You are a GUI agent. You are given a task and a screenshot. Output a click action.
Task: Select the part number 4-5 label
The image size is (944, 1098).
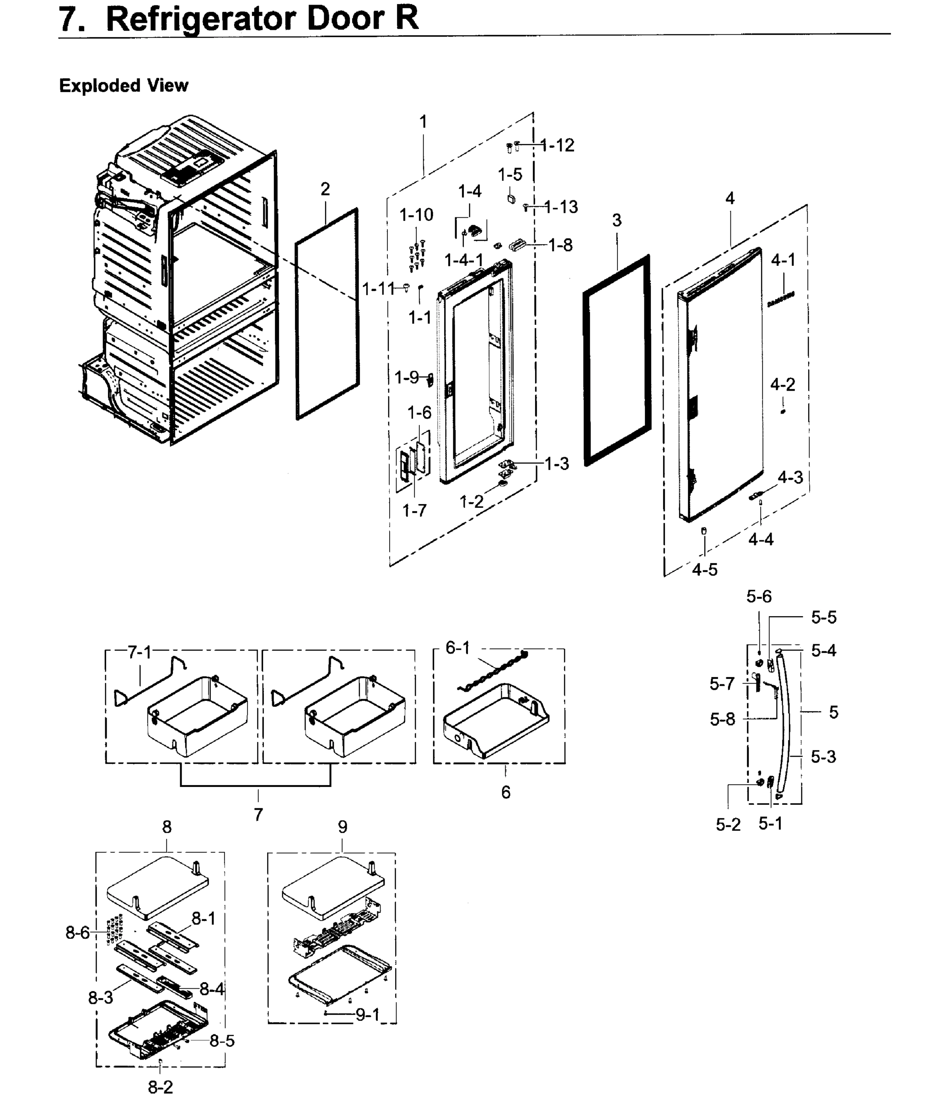(x=704, y=570)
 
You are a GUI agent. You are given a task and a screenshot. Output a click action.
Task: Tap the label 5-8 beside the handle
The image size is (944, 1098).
(x=723, y=720)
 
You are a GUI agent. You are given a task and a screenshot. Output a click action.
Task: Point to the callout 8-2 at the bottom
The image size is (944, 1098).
(x=160, y=1087)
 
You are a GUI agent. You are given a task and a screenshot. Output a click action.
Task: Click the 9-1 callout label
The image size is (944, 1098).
(x=368, y=1014)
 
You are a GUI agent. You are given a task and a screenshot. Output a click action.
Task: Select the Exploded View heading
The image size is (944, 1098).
(x=123, y=85)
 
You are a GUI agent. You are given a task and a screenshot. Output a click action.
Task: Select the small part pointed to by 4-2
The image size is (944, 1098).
(x=783, y=411)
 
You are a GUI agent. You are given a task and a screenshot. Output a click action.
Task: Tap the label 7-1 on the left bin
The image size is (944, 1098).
(x=140, y=652)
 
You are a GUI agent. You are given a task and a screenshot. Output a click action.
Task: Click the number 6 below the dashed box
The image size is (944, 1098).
(x=505, y=792)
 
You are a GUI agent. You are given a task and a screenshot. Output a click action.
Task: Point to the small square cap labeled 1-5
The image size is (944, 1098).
(x=511, y=199)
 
